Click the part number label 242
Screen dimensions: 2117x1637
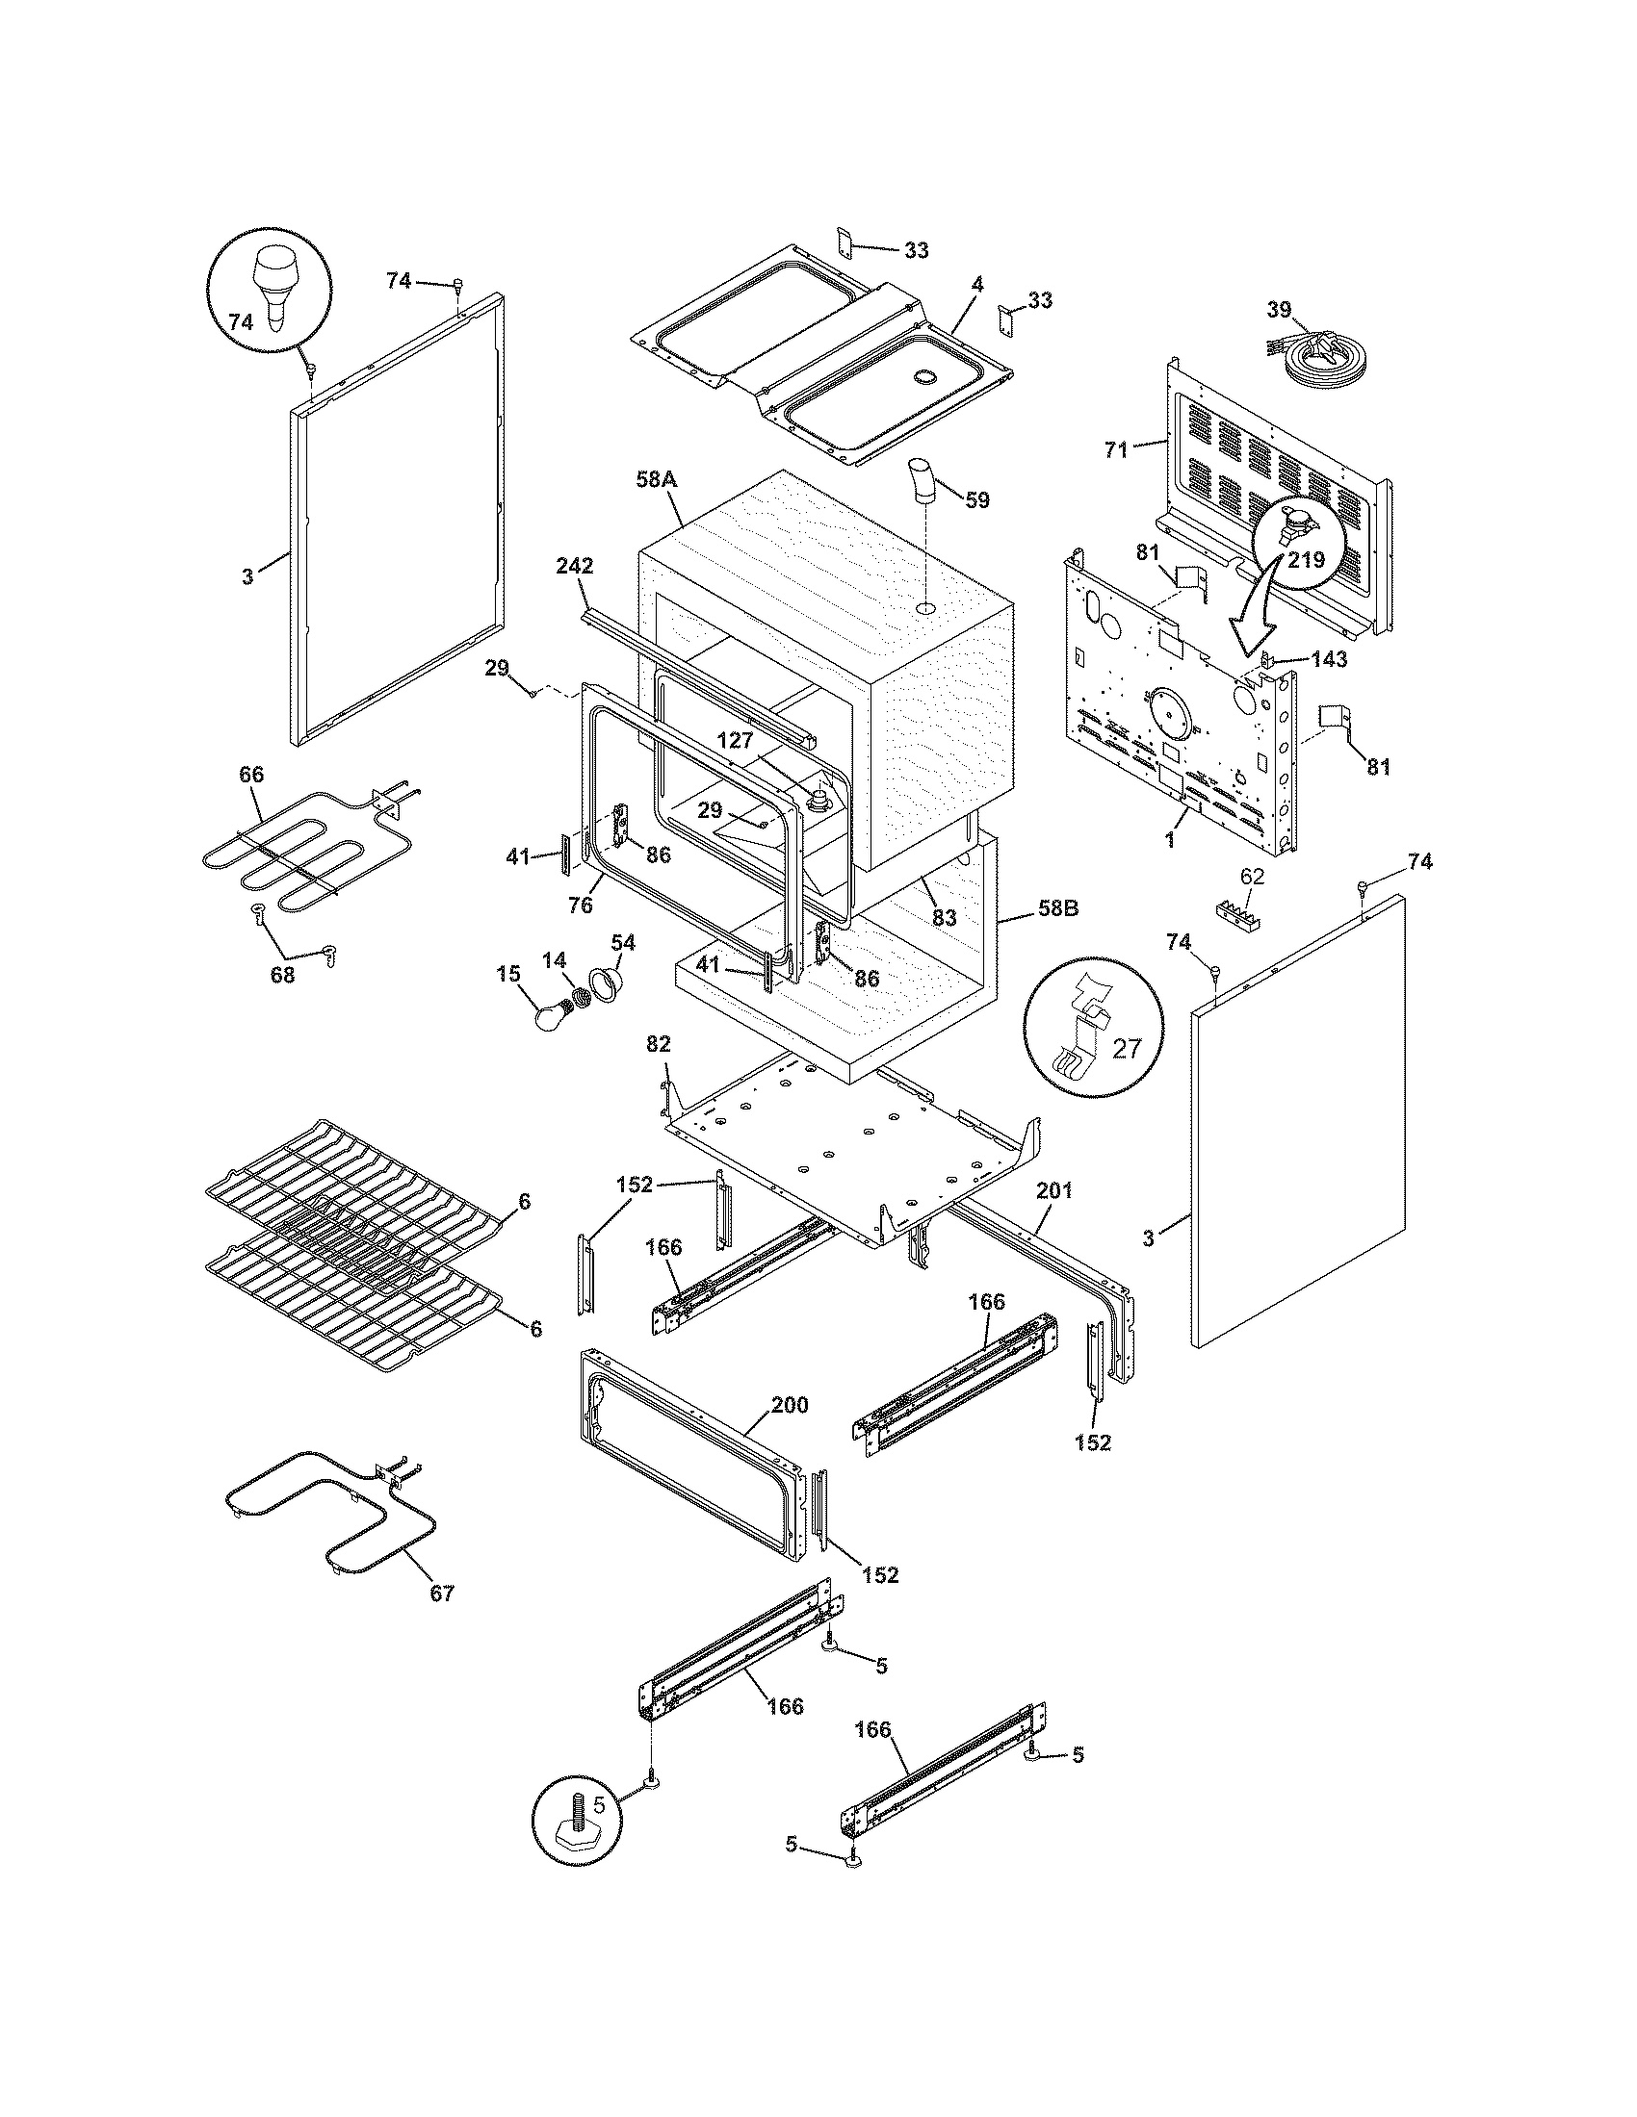(x=574, y=566)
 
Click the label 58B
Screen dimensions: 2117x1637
(x=1058, y=909)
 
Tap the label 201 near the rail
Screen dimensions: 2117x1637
(x=1054, y=1191)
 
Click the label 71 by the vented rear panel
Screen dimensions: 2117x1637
(x=1117, y=448)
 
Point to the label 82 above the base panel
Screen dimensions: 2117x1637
(x=658, y=1044)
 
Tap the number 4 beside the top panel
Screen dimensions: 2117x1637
(x=977, y=285)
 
